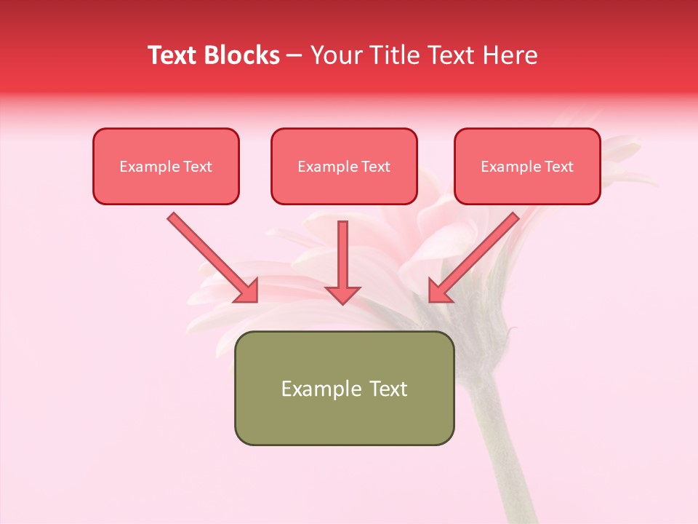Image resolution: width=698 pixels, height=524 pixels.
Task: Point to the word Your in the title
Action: tap(336, 55)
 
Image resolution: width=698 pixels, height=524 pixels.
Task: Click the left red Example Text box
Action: tap(166, 166)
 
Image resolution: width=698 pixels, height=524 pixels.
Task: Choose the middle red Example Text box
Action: tap(344, 166)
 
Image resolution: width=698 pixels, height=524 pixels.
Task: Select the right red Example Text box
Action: tap(527, 166)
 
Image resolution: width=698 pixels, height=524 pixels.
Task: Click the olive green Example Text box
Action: tap(344, 388)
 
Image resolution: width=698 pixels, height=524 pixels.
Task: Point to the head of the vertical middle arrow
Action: tap(342, 294)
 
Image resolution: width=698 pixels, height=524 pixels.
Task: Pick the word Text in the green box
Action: tap(388, 389)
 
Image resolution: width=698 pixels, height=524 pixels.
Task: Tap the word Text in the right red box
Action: tap(559, 167)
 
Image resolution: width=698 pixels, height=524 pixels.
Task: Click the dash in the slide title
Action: tap(294, 55)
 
